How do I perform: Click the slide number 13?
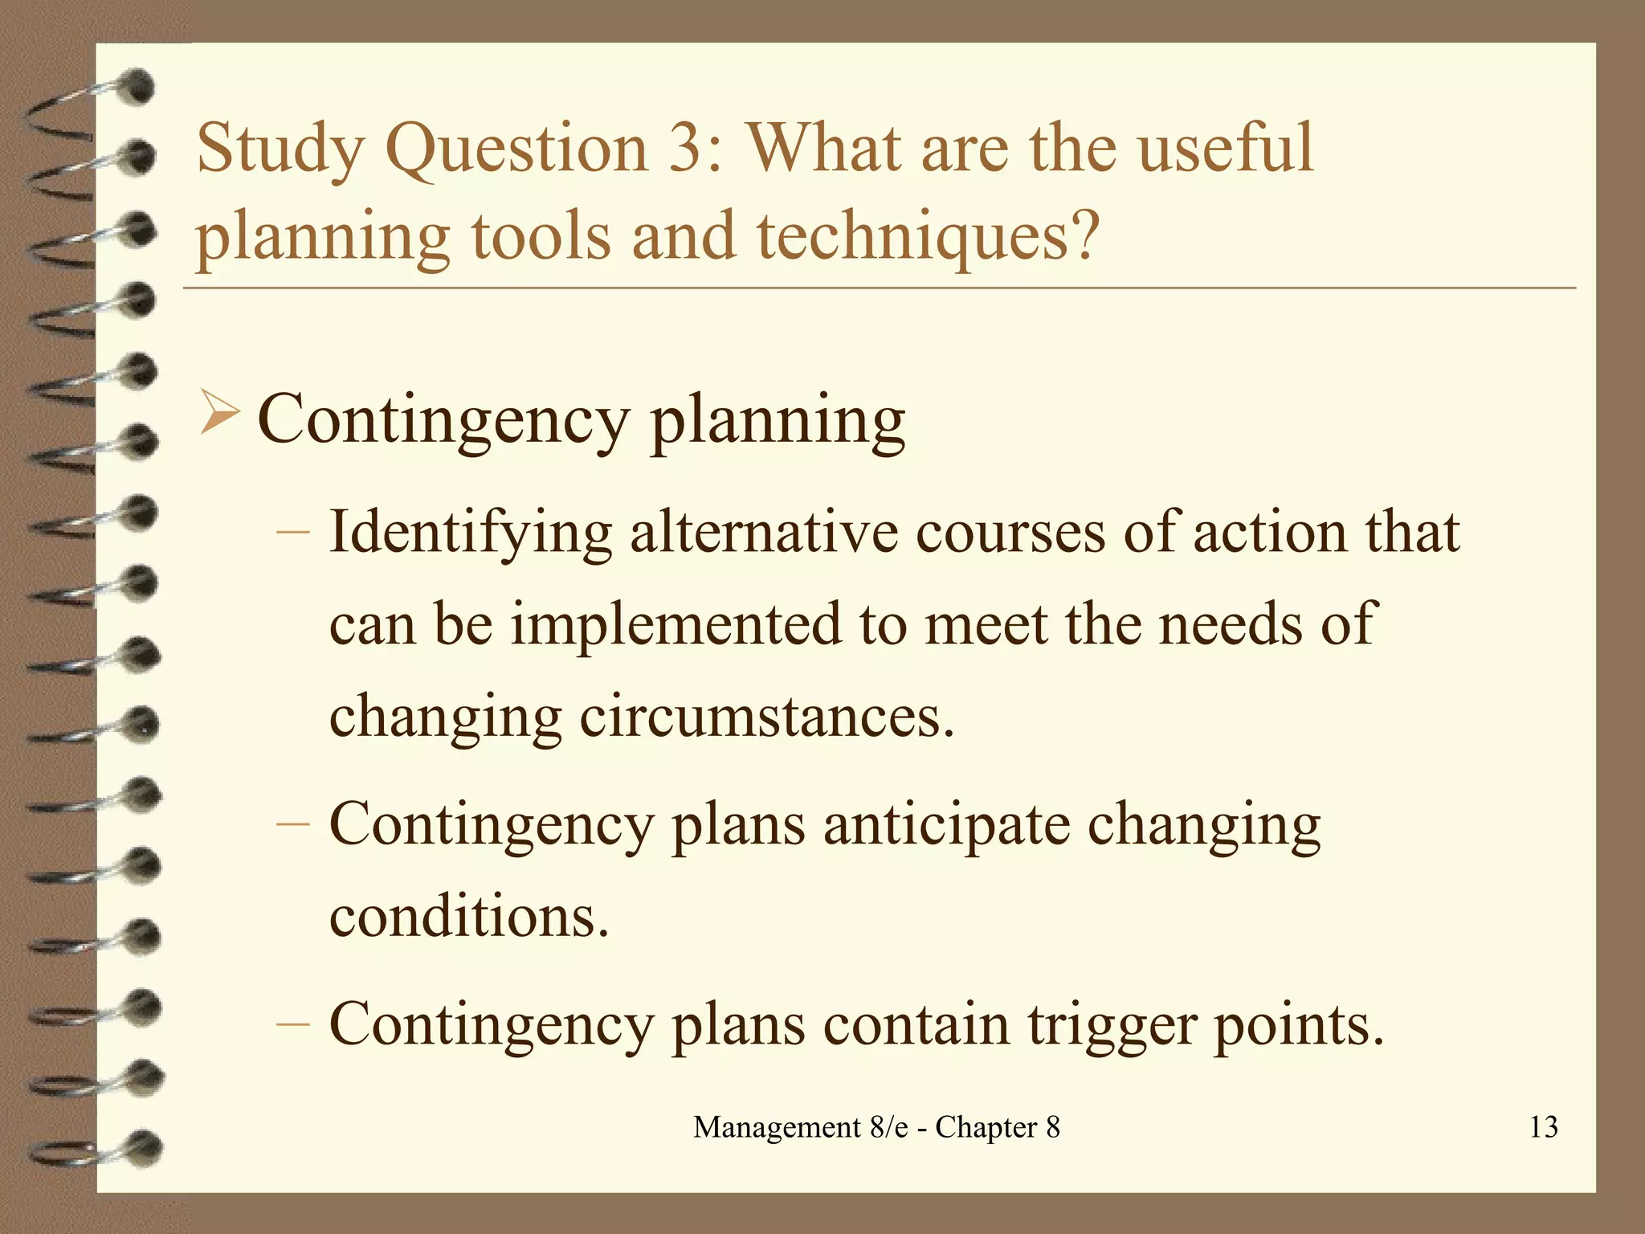click(1543, 1126)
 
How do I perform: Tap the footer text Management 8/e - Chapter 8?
click(876, 1126)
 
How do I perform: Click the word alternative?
click(764, 532)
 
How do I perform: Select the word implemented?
click(676, 624)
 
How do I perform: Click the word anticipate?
click(946, 826)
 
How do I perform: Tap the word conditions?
click(469, 917)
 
